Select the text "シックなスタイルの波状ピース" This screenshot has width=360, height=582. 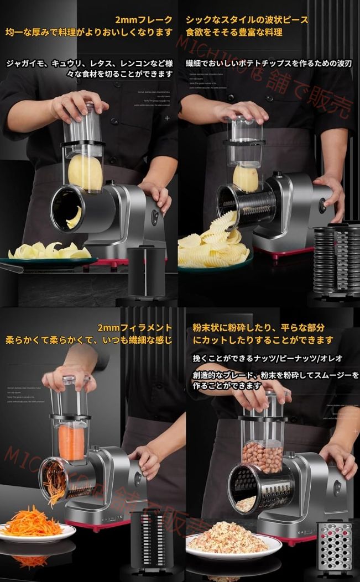pyautogui.click(x=247, y=20)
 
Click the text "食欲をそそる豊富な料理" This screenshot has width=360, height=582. pyautogui.click(x=234, y=33)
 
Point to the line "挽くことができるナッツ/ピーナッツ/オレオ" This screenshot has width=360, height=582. pyautogui.click(x=268, y=359)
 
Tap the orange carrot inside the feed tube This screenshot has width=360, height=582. pyautogui.click(x=71, y=442)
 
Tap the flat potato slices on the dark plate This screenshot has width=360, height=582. pyautogui.click(x=50, y=251)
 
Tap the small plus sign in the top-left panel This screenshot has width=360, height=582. pyautogui.click(x=167, y=118)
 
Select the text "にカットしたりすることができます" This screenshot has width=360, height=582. pyautogui.click(x=263, y=340)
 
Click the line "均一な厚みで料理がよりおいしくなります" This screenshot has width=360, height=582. pyautogui.click(x=89, y=33)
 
